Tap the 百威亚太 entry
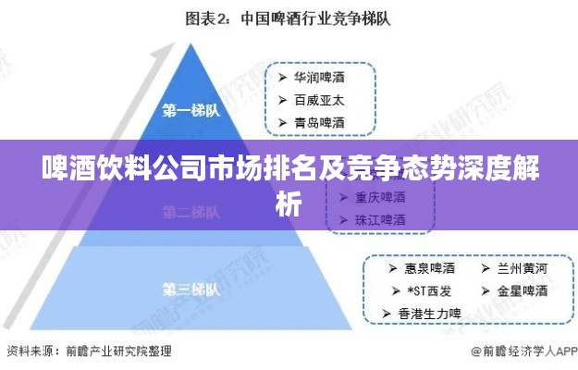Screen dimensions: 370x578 point(319,100)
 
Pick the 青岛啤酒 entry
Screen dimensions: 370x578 point(319,121)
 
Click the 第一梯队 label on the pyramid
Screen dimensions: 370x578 point(191,111)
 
